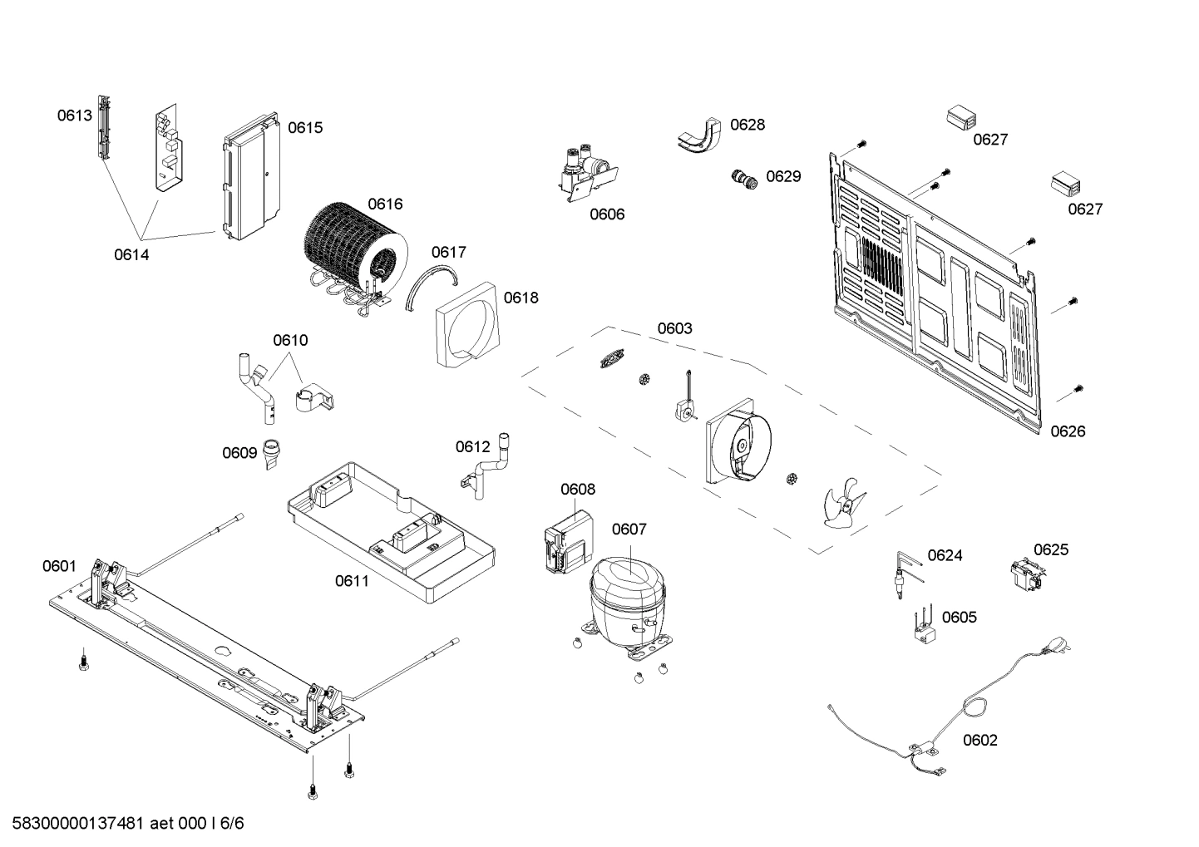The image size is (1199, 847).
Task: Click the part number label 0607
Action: point(629,529)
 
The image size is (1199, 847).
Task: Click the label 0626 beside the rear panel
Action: point(1068,431)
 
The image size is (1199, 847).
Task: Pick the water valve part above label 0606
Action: point(587,172)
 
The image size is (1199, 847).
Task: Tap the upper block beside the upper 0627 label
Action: point(960,117)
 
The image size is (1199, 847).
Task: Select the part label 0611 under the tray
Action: point(352,581)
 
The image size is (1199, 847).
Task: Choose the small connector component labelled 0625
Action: point(1027,576)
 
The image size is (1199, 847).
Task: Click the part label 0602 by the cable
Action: point(980,741)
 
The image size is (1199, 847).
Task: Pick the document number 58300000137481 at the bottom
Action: point(80,824)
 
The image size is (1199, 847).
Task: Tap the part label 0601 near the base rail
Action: point(59,567)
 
